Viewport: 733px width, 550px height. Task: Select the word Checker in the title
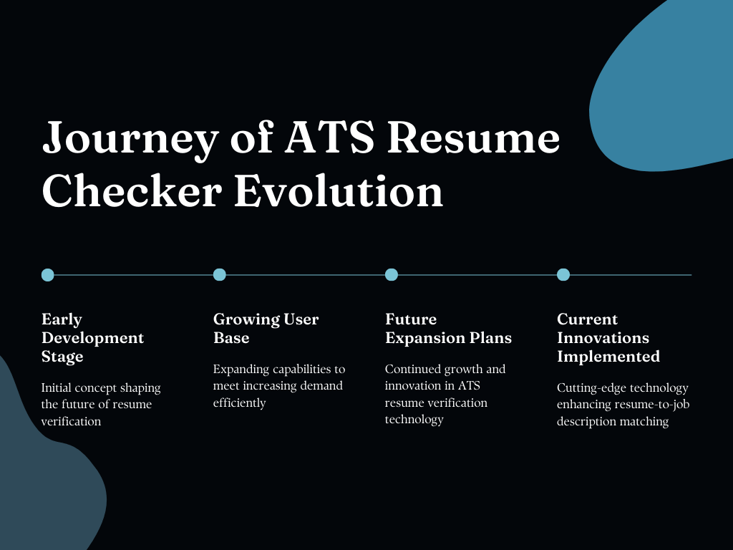click(x=132, y=191)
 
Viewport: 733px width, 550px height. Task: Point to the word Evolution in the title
click(x=339, y=191)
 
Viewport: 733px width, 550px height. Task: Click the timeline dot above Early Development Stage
click(x=48, y=274)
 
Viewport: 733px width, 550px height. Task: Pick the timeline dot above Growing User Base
click(x=220, y=274)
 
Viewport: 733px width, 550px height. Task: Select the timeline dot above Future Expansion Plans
click(x=392, y=274)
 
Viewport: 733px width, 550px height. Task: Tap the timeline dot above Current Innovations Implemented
click(x=563, y=274)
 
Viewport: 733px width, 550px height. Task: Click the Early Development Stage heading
click(x=92, y=337)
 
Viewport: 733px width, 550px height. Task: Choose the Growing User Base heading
click(x=266, y=328)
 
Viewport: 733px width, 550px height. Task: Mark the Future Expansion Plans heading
click(x=448, y=328)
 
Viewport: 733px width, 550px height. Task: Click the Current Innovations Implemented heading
click(x=608, y=337)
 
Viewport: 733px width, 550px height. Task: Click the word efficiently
click(x=239, y=403)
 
